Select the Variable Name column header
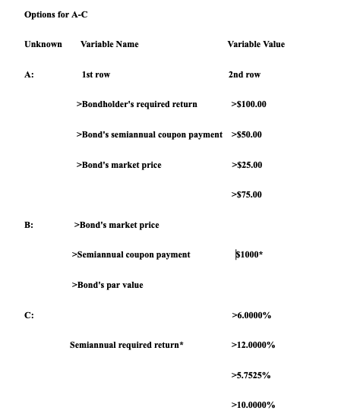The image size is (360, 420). [109, 44]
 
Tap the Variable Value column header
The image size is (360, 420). [256, 44]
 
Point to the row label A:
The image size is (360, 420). [29, 74]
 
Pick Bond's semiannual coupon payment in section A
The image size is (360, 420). [150, 134]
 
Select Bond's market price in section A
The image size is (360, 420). [118, 165]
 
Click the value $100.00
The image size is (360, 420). [248, 104]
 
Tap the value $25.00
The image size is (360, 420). [245, 165]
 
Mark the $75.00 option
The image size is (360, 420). [245, 194]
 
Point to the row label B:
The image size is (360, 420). [29, 225]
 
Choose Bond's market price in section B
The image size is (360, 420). [116, 225]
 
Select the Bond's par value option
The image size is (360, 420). [106, 285]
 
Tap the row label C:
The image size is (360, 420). [29, 315]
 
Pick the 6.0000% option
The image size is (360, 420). [251, 315]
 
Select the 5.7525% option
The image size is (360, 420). [251, 375]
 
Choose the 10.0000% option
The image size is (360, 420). [253, 405]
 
